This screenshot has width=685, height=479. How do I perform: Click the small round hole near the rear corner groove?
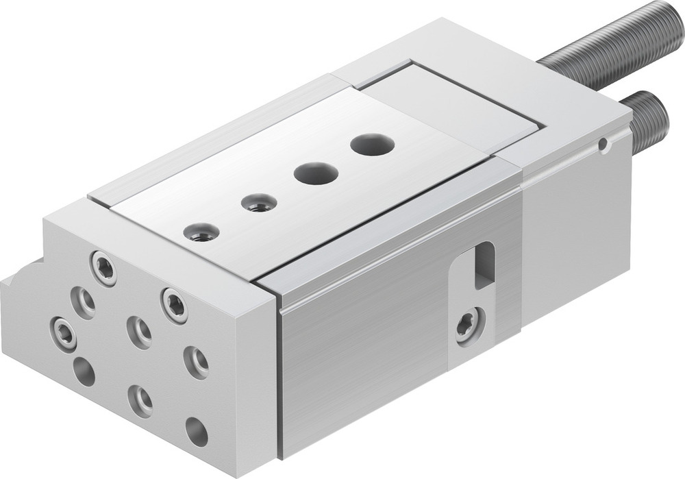coord(602,145)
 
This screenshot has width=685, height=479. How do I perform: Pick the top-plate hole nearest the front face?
coord(202,232)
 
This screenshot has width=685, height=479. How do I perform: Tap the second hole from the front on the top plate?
coord(259,203)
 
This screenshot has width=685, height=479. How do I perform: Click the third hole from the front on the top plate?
coord(316,173)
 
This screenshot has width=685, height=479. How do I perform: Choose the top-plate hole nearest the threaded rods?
coord(372,145)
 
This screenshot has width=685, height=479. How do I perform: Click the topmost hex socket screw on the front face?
coord(103,268)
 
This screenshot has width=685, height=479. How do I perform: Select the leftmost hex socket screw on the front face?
coord(63,333)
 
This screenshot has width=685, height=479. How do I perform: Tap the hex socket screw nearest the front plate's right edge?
coord(175,305)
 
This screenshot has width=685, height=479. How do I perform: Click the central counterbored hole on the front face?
coord(139,332)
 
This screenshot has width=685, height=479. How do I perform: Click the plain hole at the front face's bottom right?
coord(197,431)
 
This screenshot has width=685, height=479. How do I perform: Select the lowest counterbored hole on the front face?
coord(140,400)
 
